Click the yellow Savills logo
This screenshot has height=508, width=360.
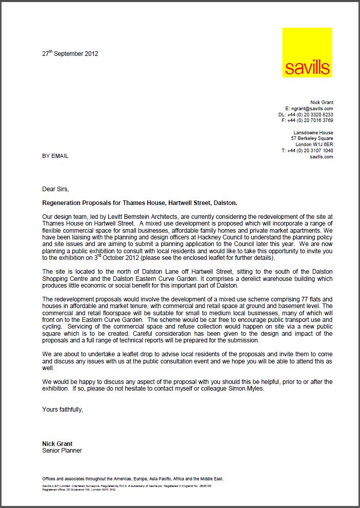307,53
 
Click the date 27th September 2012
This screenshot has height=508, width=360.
70,53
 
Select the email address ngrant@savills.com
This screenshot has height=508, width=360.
312,109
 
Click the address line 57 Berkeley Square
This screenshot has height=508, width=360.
312,138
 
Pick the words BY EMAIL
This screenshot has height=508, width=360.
55,156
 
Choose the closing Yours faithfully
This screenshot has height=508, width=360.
63,410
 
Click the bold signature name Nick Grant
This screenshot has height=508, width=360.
57,443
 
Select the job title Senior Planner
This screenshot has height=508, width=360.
62,451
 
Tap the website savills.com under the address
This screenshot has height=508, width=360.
322,157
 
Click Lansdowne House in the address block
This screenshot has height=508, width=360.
313,133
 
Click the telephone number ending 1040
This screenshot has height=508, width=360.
310,151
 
